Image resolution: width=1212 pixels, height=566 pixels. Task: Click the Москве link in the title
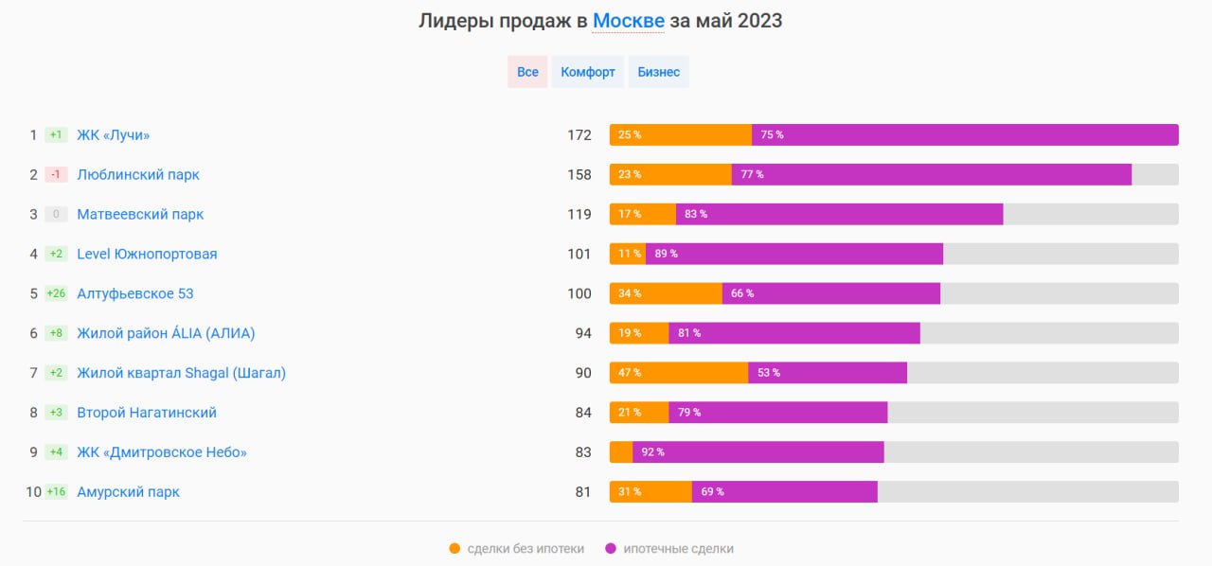[x=628, y=21]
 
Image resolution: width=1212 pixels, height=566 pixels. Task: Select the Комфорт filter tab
[x=588, y=72]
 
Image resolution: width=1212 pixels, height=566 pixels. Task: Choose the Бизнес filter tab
[x=658, y=72]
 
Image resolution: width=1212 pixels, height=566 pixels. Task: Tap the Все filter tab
[x=527, y=72]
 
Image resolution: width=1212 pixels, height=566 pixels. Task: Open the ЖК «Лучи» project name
[x=114, y=135]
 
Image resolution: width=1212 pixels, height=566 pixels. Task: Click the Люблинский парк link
[x=138, y=175]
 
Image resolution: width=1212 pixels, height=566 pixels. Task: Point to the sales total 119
[x=579, y=215]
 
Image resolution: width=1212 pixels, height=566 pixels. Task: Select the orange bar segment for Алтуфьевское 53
[x=666, y=293]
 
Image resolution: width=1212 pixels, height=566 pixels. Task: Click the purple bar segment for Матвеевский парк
[x=839, y=215]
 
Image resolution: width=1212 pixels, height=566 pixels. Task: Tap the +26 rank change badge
[x=56, y=293]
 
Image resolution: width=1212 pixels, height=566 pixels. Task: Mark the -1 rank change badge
[x=56, y=175]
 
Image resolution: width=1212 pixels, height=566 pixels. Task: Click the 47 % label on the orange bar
[x=630, y=373]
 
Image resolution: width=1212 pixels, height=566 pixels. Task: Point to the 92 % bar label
[x=653, y=452]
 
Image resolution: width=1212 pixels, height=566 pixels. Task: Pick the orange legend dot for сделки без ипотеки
[x=454, y=549]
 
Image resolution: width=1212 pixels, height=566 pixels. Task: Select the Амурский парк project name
[x=129, y=492]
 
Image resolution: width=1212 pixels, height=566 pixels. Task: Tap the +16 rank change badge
[x=56, y=492]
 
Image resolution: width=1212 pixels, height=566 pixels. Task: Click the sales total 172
[x=579, y=135]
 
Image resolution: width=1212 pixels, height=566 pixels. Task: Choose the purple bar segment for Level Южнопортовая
[x=794, y=254]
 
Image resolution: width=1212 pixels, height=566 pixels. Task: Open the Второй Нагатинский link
[x=147, y=413]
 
